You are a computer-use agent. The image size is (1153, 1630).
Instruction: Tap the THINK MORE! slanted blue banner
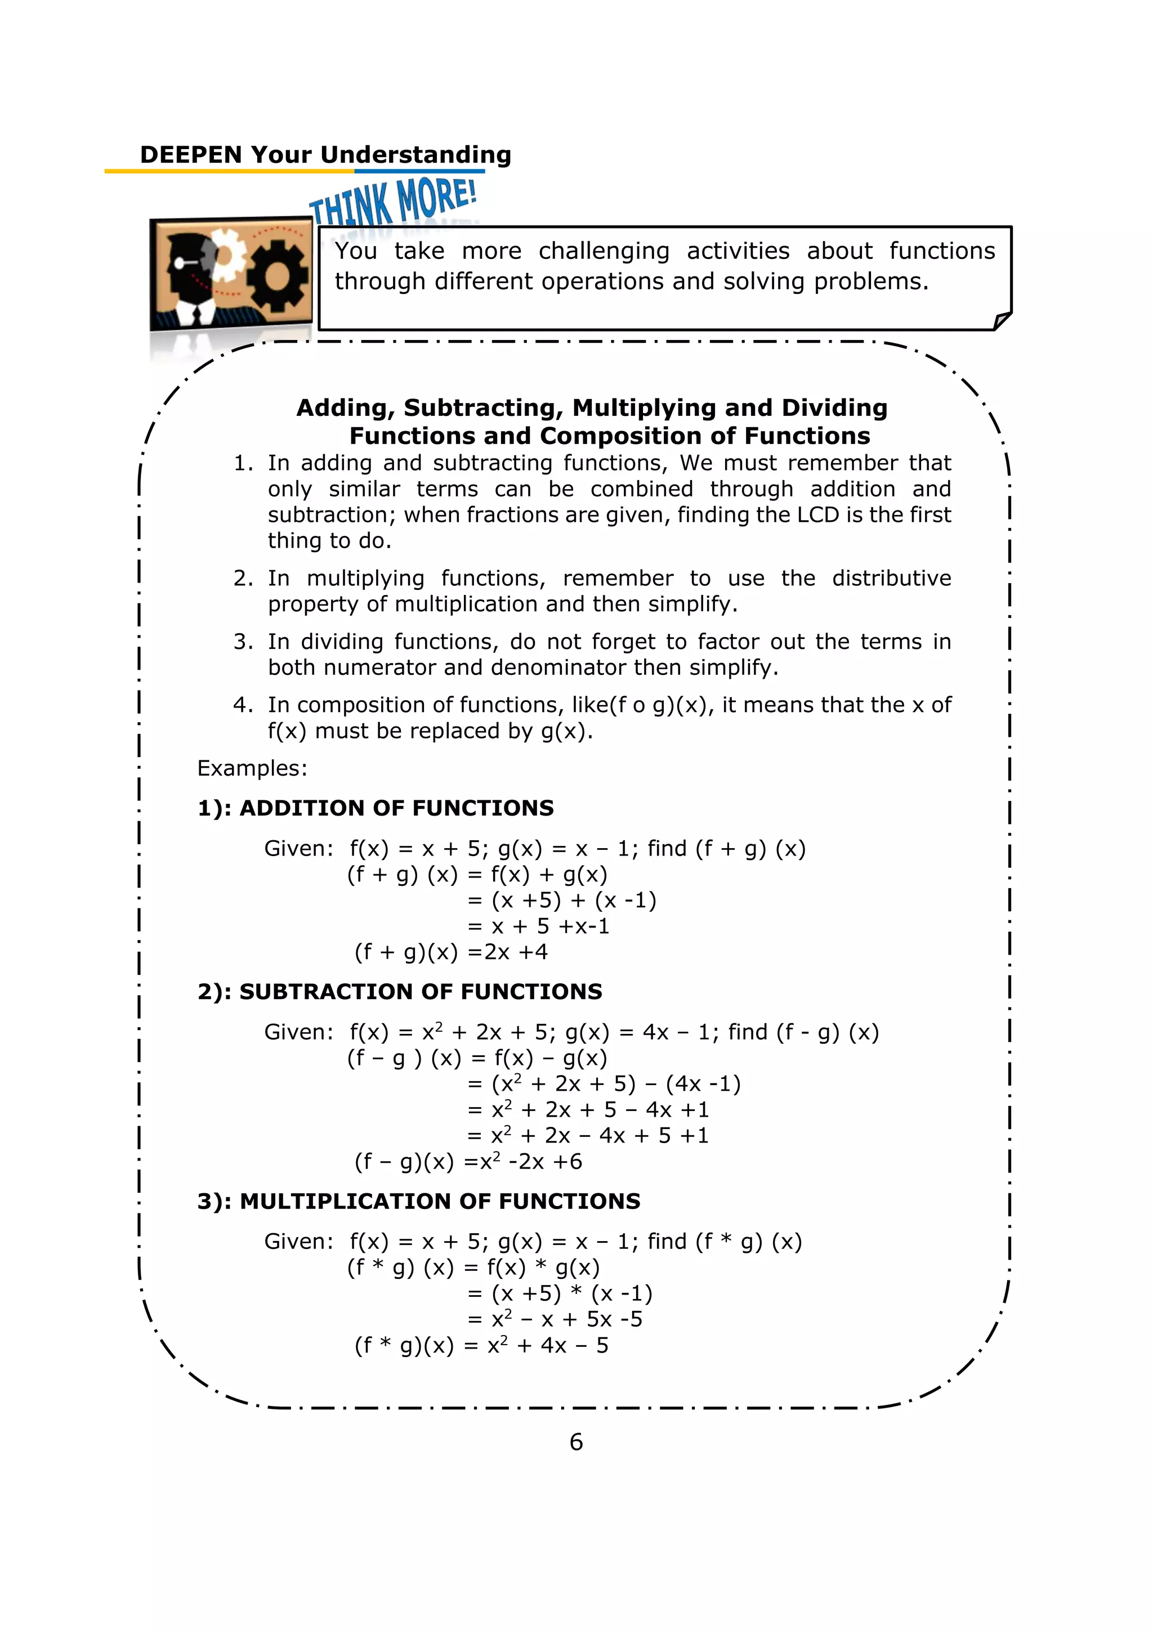392,201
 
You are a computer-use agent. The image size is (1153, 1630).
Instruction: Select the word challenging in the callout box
604,252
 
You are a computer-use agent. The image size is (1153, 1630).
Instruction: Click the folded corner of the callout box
1002,321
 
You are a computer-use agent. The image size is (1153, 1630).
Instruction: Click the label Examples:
252,768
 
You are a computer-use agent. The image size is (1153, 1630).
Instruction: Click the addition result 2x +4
516,952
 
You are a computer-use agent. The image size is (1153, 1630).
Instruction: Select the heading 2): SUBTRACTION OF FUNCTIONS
400,992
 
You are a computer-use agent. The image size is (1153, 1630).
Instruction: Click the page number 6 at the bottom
576,1442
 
